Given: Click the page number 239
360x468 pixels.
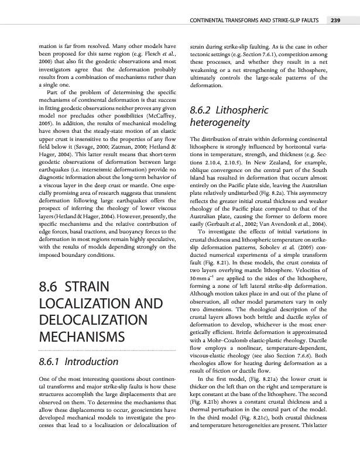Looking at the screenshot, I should tap(335, 22).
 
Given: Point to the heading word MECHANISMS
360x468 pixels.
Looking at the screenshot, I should tap(89, 338).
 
